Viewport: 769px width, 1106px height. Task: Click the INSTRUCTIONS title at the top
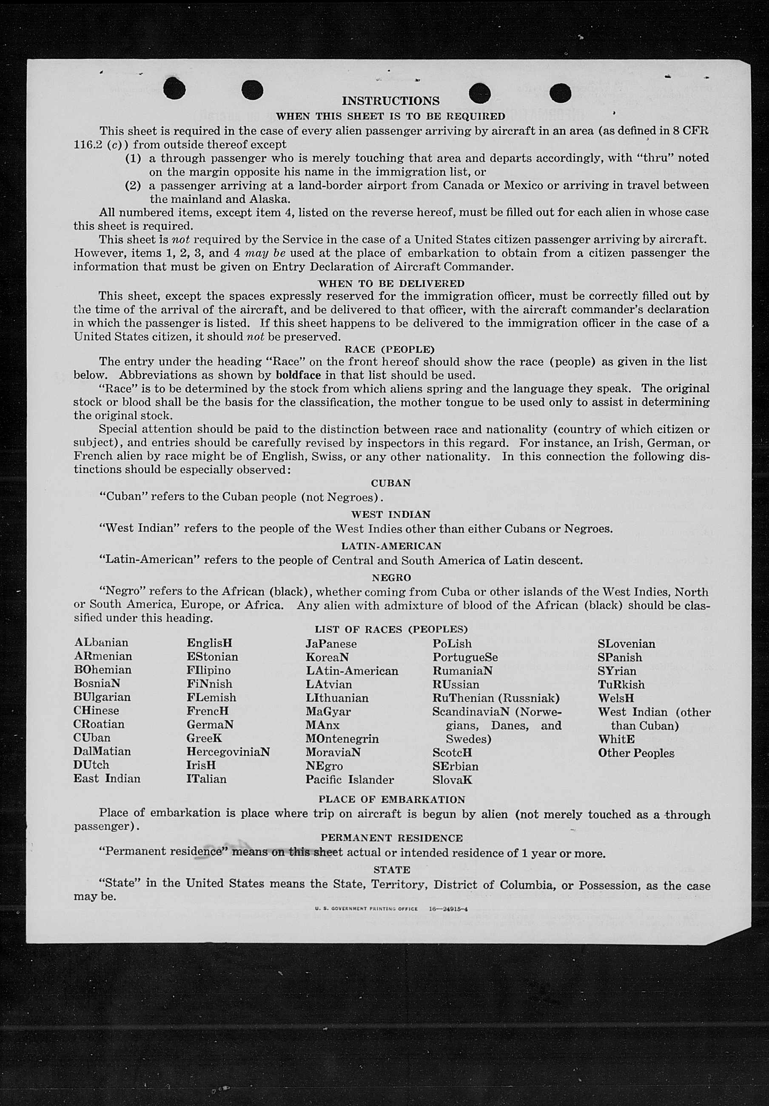[390, 101]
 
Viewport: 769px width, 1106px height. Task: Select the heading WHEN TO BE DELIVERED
[391, 283]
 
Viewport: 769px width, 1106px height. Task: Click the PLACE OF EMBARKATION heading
[391, 800]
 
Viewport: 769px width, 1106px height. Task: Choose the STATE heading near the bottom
[391, 870]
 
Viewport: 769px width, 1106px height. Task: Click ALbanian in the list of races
[101, 643]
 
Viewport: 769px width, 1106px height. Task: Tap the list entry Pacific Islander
[349, 780]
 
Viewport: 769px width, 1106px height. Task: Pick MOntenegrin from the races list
[342, 739]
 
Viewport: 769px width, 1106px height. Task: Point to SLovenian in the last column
[626, 644]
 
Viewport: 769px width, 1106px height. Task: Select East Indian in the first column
[107, 779]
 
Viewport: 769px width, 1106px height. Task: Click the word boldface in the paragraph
[291, 375]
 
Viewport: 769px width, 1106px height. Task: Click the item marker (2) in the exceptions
[133, 186]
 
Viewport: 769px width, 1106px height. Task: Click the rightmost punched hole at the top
[560, 93]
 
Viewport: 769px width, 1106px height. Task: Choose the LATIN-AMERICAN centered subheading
[391, 546]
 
